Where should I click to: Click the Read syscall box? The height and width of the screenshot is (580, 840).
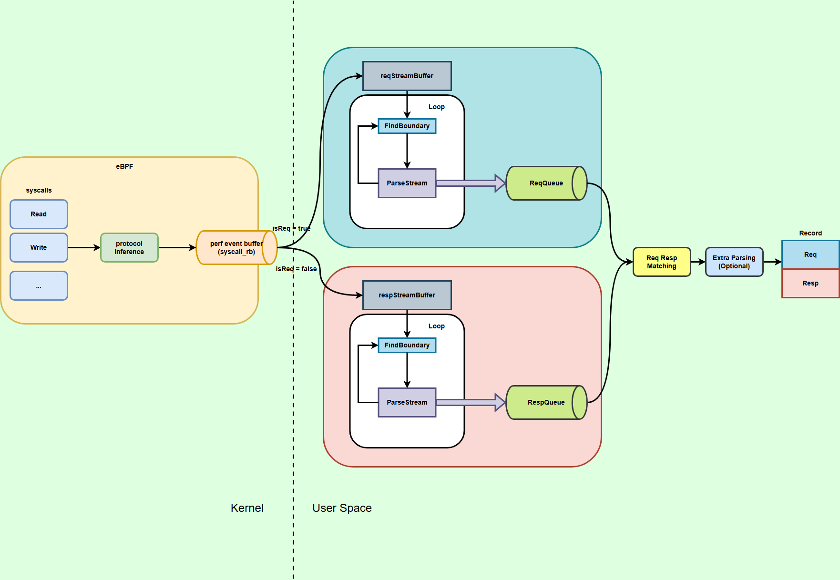(x=39, y=214)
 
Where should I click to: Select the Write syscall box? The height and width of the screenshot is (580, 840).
(x=39, y=247)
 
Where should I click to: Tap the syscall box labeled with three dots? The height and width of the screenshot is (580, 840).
(x=39, y=285)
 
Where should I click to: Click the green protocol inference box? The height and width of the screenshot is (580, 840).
(x=129, y=247)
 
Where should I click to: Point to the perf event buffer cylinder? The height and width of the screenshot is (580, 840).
(x=236, y=247)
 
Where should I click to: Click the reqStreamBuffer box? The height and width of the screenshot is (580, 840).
(x=407, y=76)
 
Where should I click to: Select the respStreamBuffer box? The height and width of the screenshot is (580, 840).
(x=407, y=295)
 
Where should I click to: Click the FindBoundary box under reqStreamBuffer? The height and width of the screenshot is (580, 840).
(x=407, y=126)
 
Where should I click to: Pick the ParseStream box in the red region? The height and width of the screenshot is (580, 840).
(x=407, y=402)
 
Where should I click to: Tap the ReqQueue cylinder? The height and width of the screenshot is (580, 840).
(x=546, y=183)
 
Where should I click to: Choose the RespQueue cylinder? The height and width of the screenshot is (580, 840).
(x=546, y=402)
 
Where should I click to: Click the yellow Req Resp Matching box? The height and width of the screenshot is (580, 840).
(x=661, y=262)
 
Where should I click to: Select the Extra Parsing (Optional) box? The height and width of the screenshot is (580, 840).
(x=734, y=262)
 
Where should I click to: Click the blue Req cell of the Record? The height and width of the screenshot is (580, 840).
(x=810, y=254)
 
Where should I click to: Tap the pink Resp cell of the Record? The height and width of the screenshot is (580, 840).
(x=810, y=283)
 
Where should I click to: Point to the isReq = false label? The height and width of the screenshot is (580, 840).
(x=296, y=269)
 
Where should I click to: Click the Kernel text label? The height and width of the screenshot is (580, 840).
(x=247, y=508)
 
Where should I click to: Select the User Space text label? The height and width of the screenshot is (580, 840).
(x=342, y=508)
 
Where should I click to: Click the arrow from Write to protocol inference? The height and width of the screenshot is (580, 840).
(x=84, y=247)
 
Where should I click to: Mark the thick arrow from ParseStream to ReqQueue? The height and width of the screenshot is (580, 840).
(x=470, y=183)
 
